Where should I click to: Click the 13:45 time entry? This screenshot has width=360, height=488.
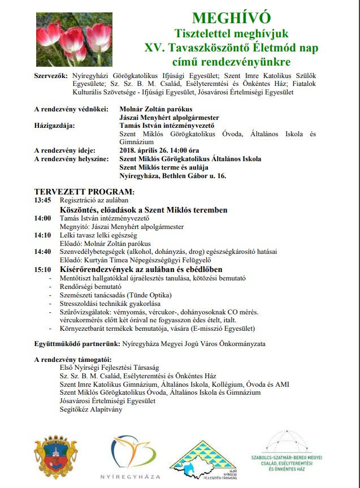tap(42, 200)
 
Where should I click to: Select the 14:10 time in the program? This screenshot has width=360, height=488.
tap(42, 235)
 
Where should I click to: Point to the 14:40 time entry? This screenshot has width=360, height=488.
tap(42, 252)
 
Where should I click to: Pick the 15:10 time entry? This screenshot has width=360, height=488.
tap(42, 269)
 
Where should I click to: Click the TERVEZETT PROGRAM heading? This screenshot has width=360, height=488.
tap(84, 191)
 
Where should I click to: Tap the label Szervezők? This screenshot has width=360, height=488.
tap(51, 75)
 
